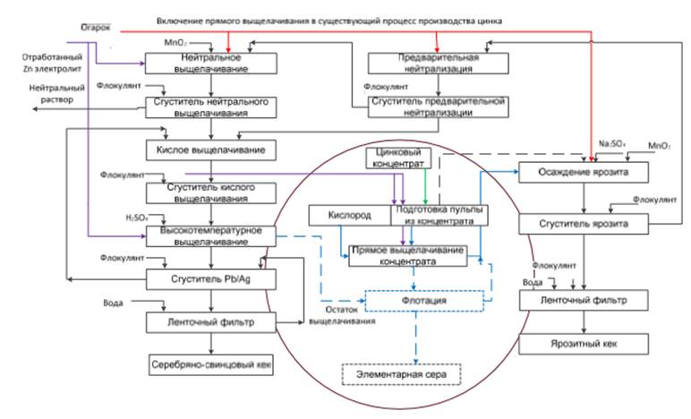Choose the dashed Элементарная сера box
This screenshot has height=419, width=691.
[x=399, y=373]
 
